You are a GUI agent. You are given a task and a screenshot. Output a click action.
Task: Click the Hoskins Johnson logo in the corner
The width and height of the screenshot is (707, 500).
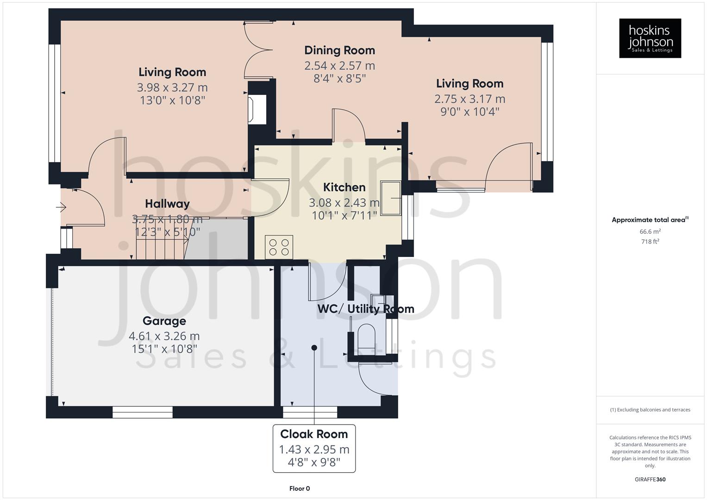(650, 38)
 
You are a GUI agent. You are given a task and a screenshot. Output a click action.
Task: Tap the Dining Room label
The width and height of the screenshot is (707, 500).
(339, 50)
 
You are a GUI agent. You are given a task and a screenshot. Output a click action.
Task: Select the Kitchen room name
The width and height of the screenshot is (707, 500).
(344, 187)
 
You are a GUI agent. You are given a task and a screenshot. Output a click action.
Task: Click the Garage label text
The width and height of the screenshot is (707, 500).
(164, 321)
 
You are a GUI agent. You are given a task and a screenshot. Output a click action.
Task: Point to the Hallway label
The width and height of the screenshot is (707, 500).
(167, 204)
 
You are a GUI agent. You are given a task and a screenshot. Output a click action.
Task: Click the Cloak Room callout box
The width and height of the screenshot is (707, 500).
(314, 448)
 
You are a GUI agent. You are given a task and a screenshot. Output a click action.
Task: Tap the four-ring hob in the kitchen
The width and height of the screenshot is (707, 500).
(279, 247)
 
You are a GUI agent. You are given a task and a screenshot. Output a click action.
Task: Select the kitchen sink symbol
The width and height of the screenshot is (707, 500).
(390, 198)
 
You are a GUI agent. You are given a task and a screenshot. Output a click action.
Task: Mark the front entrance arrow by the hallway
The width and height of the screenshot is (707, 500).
(62, 207)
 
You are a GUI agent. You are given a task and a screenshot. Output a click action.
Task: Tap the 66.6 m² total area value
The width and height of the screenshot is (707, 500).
(650, 231)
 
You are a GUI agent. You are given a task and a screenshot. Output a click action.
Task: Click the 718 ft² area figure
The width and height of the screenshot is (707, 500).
(650, 242)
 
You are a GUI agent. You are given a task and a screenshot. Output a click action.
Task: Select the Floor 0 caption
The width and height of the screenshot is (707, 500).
(299, 488)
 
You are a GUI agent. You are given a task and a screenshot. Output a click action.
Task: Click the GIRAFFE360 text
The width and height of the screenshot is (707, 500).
(650, 479)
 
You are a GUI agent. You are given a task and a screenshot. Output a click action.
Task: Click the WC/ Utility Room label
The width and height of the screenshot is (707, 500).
(365, 309)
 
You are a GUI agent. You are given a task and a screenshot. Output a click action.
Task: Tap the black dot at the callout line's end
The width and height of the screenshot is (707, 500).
(314, 348)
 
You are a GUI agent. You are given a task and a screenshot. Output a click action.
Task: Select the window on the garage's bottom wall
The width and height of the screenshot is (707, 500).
(143, 412)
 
